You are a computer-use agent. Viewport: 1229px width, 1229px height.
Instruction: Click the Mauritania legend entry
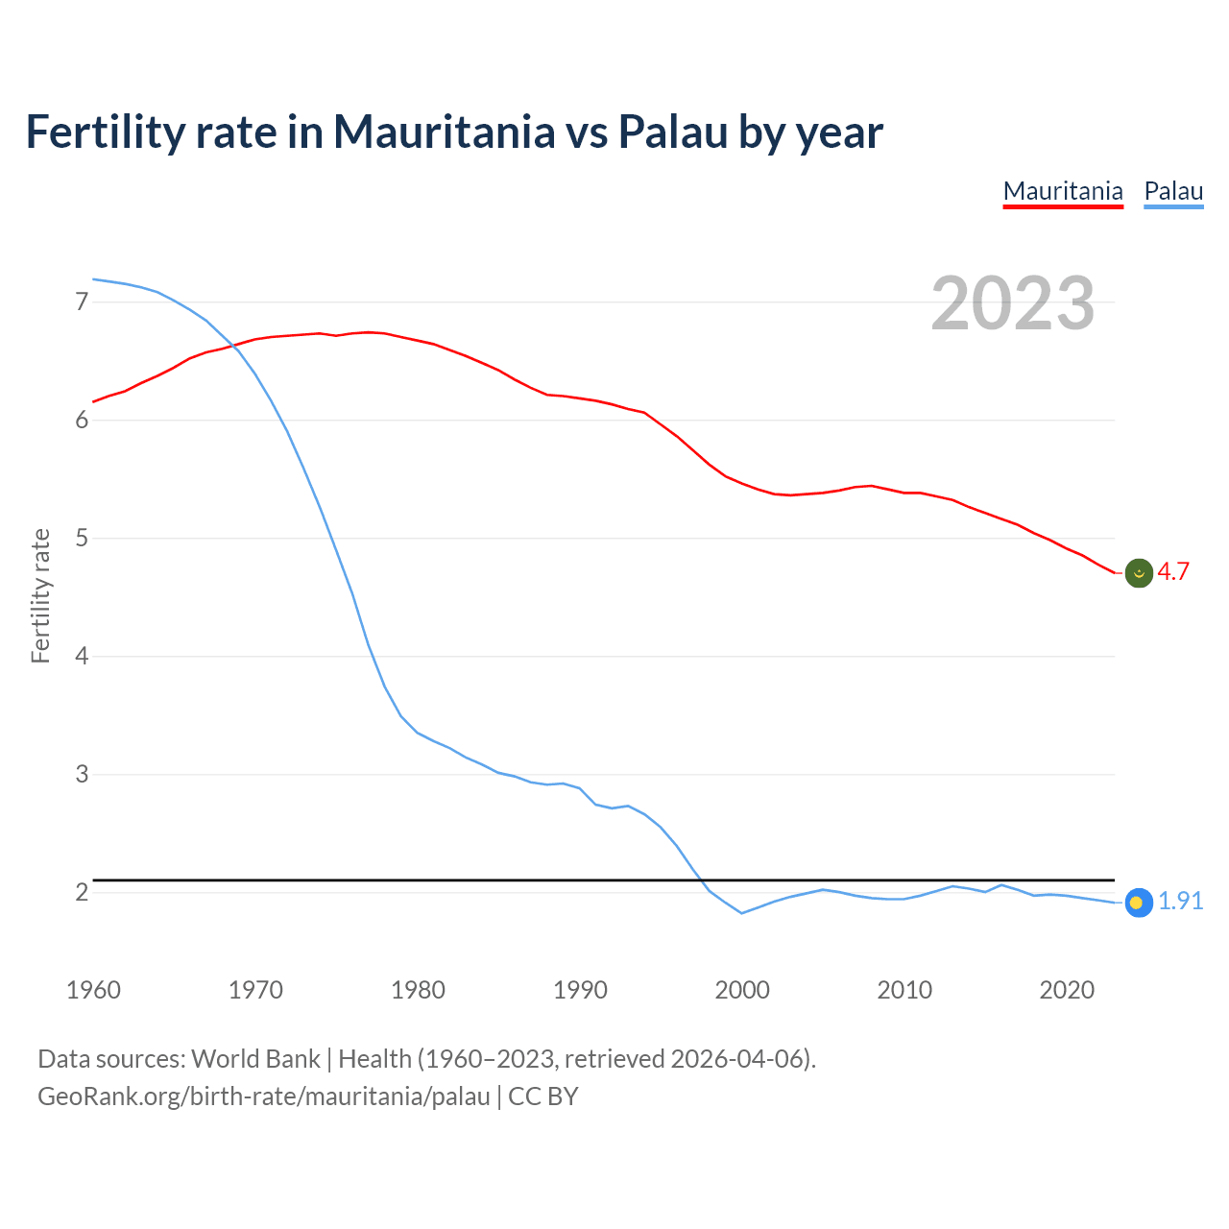coord(1063,191)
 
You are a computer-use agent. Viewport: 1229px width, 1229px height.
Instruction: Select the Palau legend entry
coord(1173,191)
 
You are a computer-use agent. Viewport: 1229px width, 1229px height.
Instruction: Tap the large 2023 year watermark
coord(1013,303)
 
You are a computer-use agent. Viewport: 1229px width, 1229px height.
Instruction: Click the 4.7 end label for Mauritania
coord(1172,572)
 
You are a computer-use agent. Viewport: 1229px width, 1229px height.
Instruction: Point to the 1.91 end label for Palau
coord(1180,902)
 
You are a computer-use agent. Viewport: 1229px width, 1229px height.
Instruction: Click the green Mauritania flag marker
coord(1139,573)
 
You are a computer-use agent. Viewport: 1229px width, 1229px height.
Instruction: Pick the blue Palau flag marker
coord(1138,903)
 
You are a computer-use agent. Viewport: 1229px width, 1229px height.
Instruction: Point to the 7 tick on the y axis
coord(82,302)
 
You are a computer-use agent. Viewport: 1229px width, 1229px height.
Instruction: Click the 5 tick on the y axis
coord(82,539)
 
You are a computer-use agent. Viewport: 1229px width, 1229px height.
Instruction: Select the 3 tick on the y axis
coord(82,774)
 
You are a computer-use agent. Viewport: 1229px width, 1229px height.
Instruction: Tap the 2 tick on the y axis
coord(82,893)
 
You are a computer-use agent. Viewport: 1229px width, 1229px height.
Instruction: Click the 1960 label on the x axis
coord(93,990)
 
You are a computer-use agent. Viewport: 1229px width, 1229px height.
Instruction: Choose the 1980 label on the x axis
coord(418,990)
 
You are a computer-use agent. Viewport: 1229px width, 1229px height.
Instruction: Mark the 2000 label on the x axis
coord(742,990)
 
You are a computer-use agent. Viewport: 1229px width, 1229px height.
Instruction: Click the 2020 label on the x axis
coord(1067,990)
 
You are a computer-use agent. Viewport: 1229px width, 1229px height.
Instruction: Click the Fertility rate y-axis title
coord(40,595)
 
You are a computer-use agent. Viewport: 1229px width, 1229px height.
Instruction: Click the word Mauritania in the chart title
coord(444,132)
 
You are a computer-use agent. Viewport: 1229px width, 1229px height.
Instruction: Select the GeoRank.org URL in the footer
coord(264,1096)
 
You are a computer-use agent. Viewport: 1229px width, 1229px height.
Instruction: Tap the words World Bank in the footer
coord(255,1059)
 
